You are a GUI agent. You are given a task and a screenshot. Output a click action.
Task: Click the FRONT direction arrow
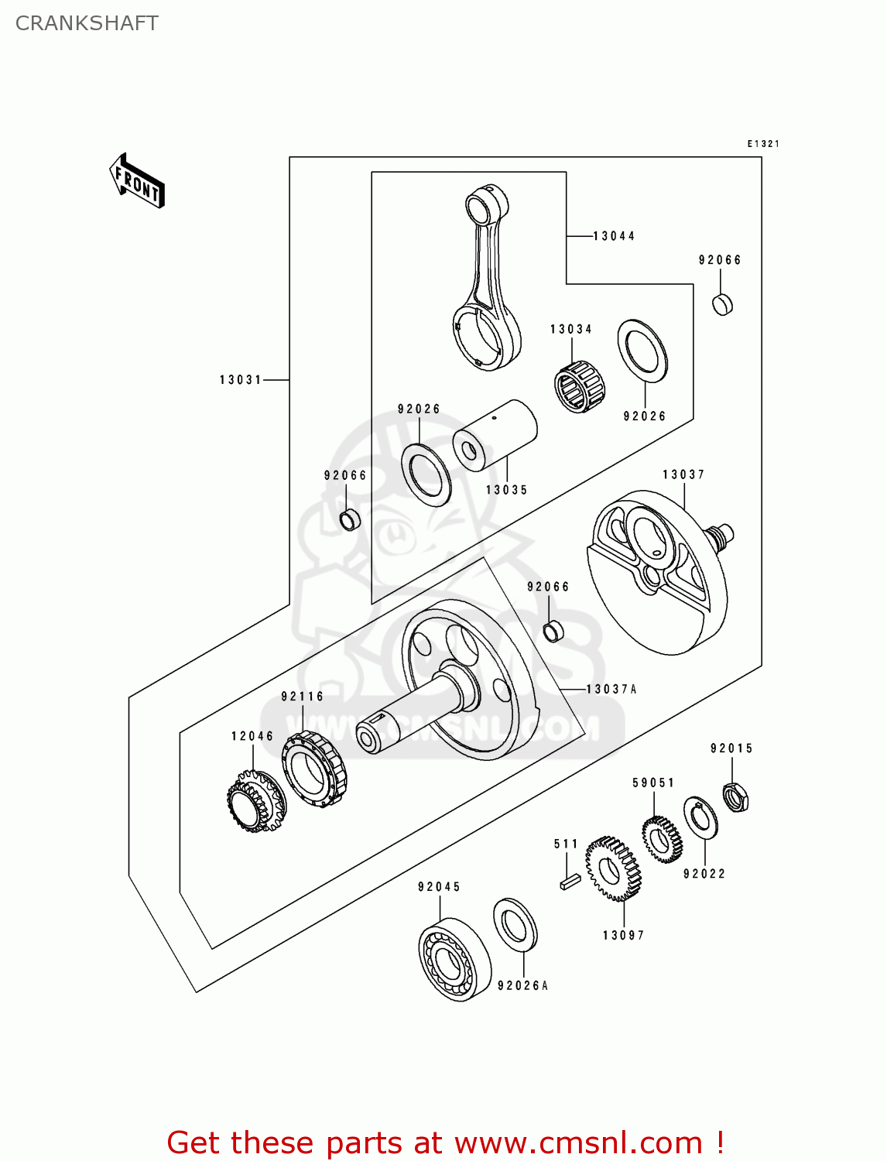click(x=137, y=180)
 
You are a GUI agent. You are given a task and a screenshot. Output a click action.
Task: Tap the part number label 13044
click(x=614, y=236)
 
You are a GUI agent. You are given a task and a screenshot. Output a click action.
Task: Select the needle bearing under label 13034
click(x=580, y=385)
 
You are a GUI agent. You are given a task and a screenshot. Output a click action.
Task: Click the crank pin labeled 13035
click(x=495, y=434)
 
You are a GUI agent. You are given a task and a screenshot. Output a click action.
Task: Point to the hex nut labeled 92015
click(x=735, y=796)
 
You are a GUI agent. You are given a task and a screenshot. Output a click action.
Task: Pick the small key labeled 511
click(x=570, y=881)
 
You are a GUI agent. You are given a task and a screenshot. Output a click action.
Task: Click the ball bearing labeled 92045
click(x=454, y=961)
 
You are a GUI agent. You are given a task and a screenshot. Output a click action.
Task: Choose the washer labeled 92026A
click(x=515, y=924)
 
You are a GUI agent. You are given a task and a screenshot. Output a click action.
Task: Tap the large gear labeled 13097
click(x=613, y=868)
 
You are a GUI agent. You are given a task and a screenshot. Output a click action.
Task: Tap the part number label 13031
click(x=241, y=380)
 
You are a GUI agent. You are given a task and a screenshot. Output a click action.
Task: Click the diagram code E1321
click(x=763, y=144)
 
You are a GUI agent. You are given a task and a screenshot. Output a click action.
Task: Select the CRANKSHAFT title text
click(x=87, y=23)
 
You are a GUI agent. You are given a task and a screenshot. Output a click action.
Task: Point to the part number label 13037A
click(x=611, y=689)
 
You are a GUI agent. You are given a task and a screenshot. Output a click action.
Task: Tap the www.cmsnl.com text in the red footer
click(x=578, y=1142)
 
